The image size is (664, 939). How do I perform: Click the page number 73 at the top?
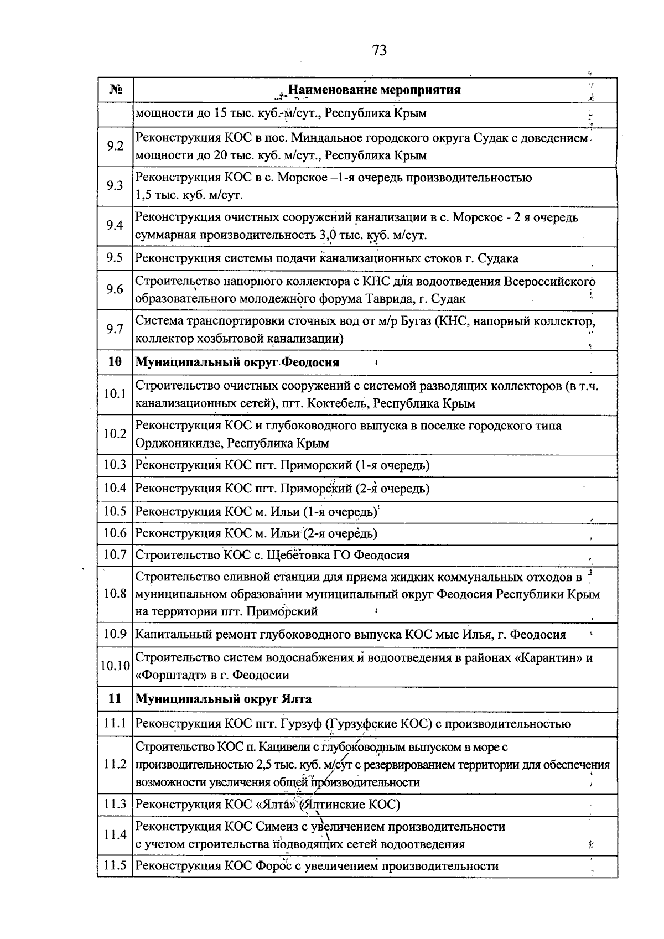tap(380, 51)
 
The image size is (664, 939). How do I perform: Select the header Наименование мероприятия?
tap(375, 90)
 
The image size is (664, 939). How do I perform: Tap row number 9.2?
tap(115, 147)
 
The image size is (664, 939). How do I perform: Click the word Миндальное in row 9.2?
tap(325, 138)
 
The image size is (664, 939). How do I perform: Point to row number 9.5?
tap(115, 258)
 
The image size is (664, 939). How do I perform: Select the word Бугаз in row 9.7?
tap(416, 321)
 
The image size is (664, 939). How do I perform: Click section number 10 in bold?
tap(115, 362)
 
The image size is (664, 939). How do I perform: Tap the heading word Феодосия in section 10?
tap(310, 362)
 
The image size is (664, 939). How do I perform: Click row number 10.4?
tap(115, 489)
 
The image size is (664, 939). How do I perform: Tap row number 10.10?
tap(115, 666)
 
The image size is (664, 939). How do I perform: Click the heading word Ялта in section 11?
tap(296, 699)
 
